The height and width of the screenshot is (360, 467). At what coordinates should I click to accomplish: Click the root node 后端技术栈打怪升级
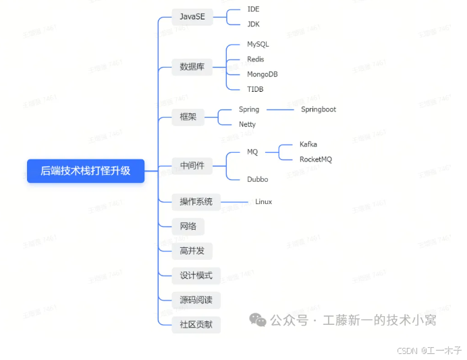(x=86, y=172)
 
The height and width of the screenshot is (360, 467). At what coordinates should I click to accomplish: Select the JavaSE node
(x=192, y=16)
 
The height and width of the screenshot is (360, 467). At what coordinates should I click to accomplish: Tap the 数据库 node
(x=192, y=66)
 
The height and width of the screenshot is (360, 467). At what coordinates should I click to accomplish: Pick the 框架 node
(x=188, y=117)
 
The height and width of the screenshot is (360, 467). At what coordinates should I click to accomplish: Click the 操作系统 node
(x=196, y=201)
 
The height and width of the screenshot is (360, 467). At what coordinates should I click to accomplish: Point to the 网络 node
(x=188, y=226)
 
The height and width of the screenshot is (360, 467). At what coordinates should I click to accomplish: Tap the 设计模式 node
(x=196, y=276)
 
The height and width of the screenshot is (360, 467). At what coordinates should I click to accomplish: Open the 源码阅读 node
(x=196, y=300)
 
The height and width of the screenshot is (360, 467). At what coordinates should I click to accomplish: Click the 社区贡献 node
(x=196, y=324)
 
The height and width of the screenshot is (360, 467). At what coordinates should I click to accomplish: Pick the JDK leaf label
(x=253, y=24)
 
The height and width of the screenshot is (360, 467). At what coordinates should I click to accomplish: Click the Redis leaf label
(x=256, y=59)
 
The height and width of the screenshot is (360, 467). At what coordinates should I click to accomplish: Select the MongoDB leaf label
(x=262, y=74)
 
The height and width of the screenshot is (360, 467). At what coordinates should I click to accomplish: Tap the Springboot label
(x=318, y=109)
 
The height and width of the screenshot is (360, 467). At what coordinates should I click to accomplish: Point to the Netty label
(x=247, y=124)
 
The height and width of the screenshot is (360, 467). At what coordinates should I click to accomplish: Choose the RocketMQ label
(x=315, y=159)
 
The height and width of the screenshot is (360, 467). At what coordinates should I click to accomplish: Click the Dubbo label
(x=257, y=180)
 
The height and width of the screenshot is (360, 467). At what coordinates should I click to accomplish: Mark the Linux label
(x=263, y=202)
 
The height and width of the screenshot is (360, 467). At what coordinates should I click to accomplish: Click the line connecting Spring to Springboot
(x=280, y=109)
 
